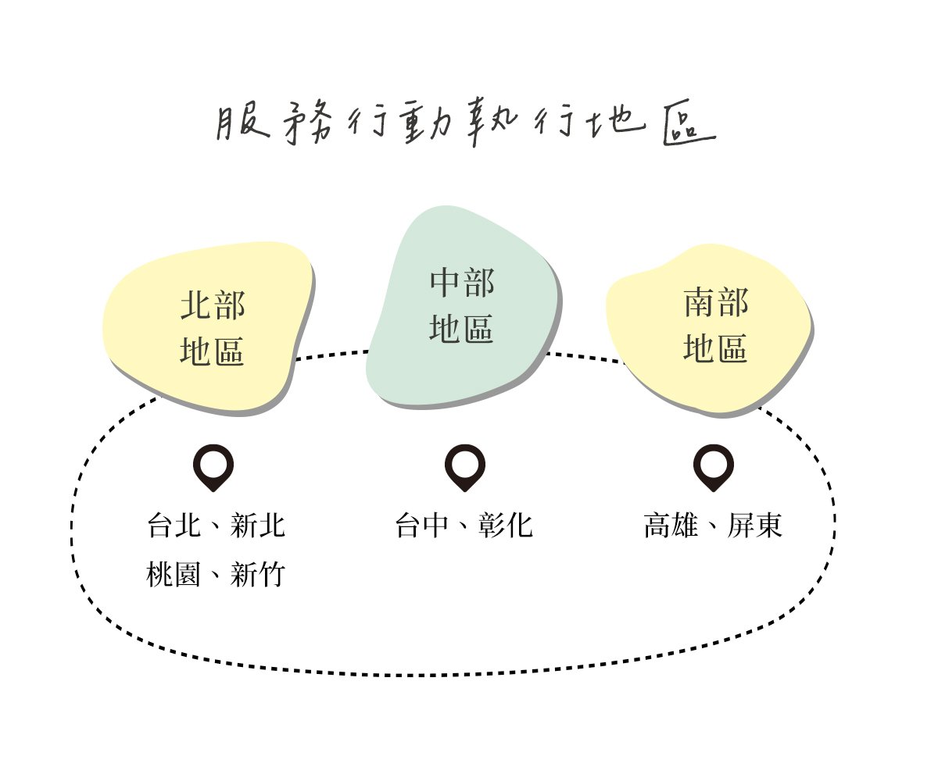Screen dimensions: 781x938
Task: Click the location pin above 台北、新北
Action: click(213, 466)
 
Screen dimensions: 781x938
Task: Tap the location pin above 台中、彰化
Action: click(464, 466)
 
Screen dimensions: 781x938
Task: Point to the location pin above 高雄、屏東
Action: click(713, 466)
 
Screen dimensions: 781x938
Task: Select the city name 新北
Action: click(258, 526)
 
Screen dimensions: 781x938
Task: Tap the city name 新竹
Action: click(258, 576)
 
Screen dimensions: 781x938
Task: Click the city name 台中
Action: click(423, 526)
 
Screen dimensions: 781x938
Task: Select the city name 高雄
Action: click(671, 526)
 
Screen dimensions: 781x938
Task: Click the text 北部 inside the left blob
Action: click(213, 305)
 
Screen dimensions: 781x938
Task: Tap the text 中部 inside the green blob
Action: click(462, 283)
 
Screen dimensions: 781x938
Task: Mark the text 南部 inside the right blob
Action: click(715, 303)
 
